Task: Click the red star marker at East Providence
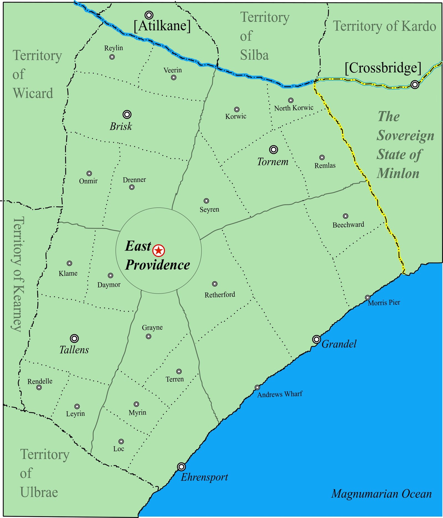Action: click(159, 251)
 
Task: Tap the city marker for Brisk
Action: click(127, 114)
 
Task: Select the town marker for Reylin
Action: click(112, 57)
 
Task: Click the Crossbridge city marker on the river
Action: click(414, 84)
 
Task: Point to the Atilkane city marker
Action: click(149, 15)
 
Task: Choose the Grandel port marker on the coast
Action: click(316, 339)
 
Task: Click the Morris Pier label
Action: click(384, 303)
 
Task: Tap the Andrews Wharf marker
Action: click(257, 387)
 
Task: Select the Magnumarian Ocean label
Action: click(381, 494)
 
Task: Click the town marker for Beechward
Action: click(346, 216)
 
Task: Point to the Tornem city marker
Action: click(274, 150)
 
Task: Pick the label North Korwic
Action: click(293, 108)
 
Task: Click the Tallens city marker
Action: click(74, 338)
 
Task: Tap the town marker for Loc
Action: click(121, 442)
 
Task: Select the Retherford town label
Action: click(220, 295)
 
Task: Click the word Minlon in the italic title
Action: click(398, 173)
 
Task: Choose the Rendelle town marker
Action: click(39, 387)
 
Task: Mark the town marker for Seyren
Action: click(206, 201)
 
